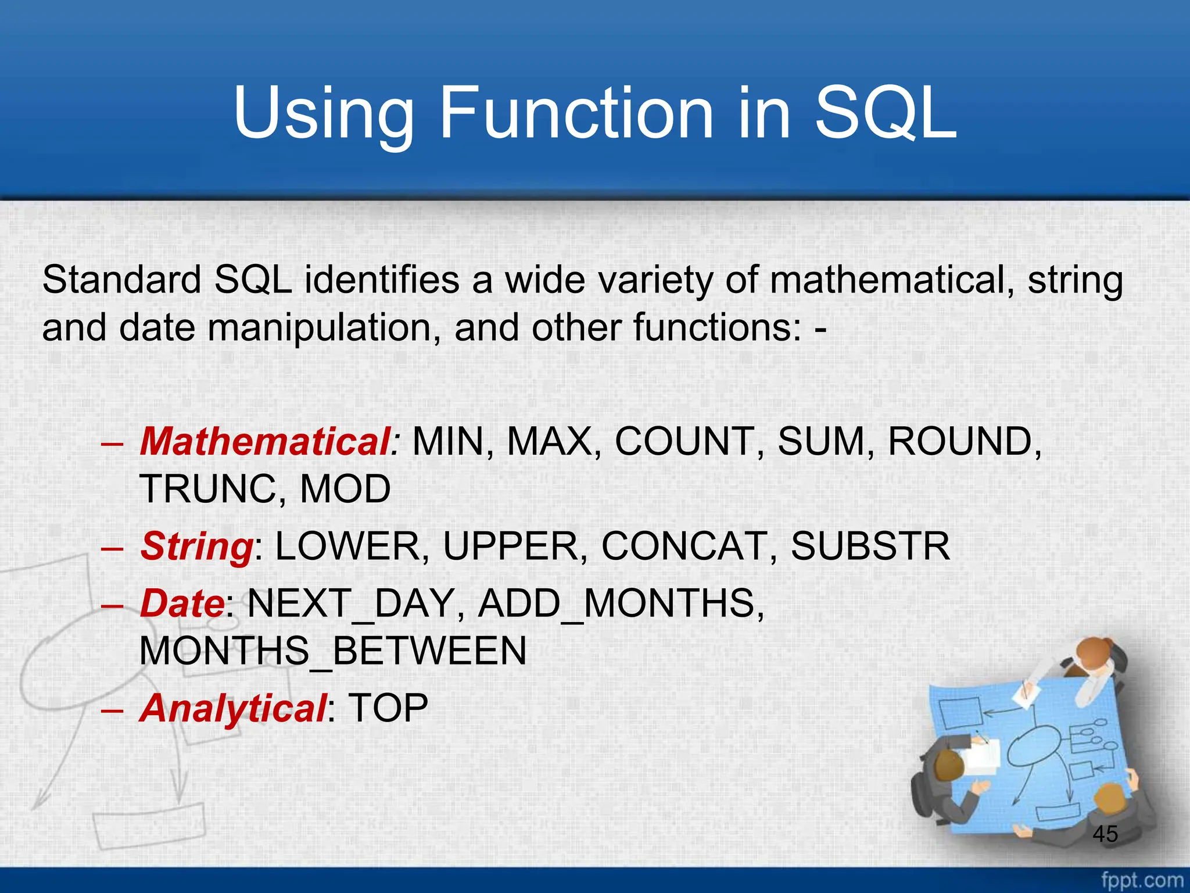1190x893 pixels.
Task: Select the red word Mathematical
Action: pyautogui.click(x=265, y=441)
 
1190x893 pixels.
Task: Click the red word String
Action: pyautogui.click(x=196, y=546)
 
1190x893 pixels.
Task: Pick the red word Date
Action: pyautogui.click(x=182, y=603)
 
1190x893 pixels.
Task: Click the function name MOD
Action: pyautogui.click(x=345, y=489)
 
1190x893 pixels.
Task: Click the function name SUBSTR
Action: pyautogui.click(x=870, y=546)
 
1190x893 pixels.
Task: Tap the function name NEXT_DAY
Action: pyautogui.click(x=351, y=603)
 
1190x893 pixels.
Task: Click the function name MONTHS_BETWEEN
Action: pyautogui.click(x=333, y=651)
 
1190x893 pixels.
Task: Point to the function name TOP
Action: pyautogui.click(x=388, y=708)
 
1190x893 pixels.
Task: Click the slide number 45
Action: pyautogui.click(x=1105, y=834)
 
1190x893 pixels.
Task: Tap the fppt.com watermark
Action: pyautogui.click(x=1142, y=880)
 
